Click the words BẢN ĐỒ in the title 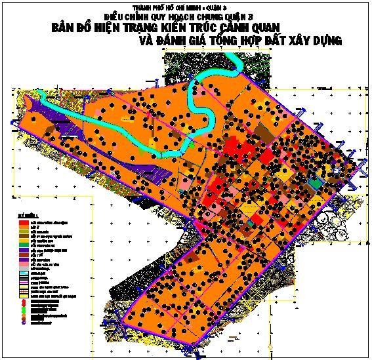tap(72, 30)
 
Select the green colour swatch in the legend tap(24, 245)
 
